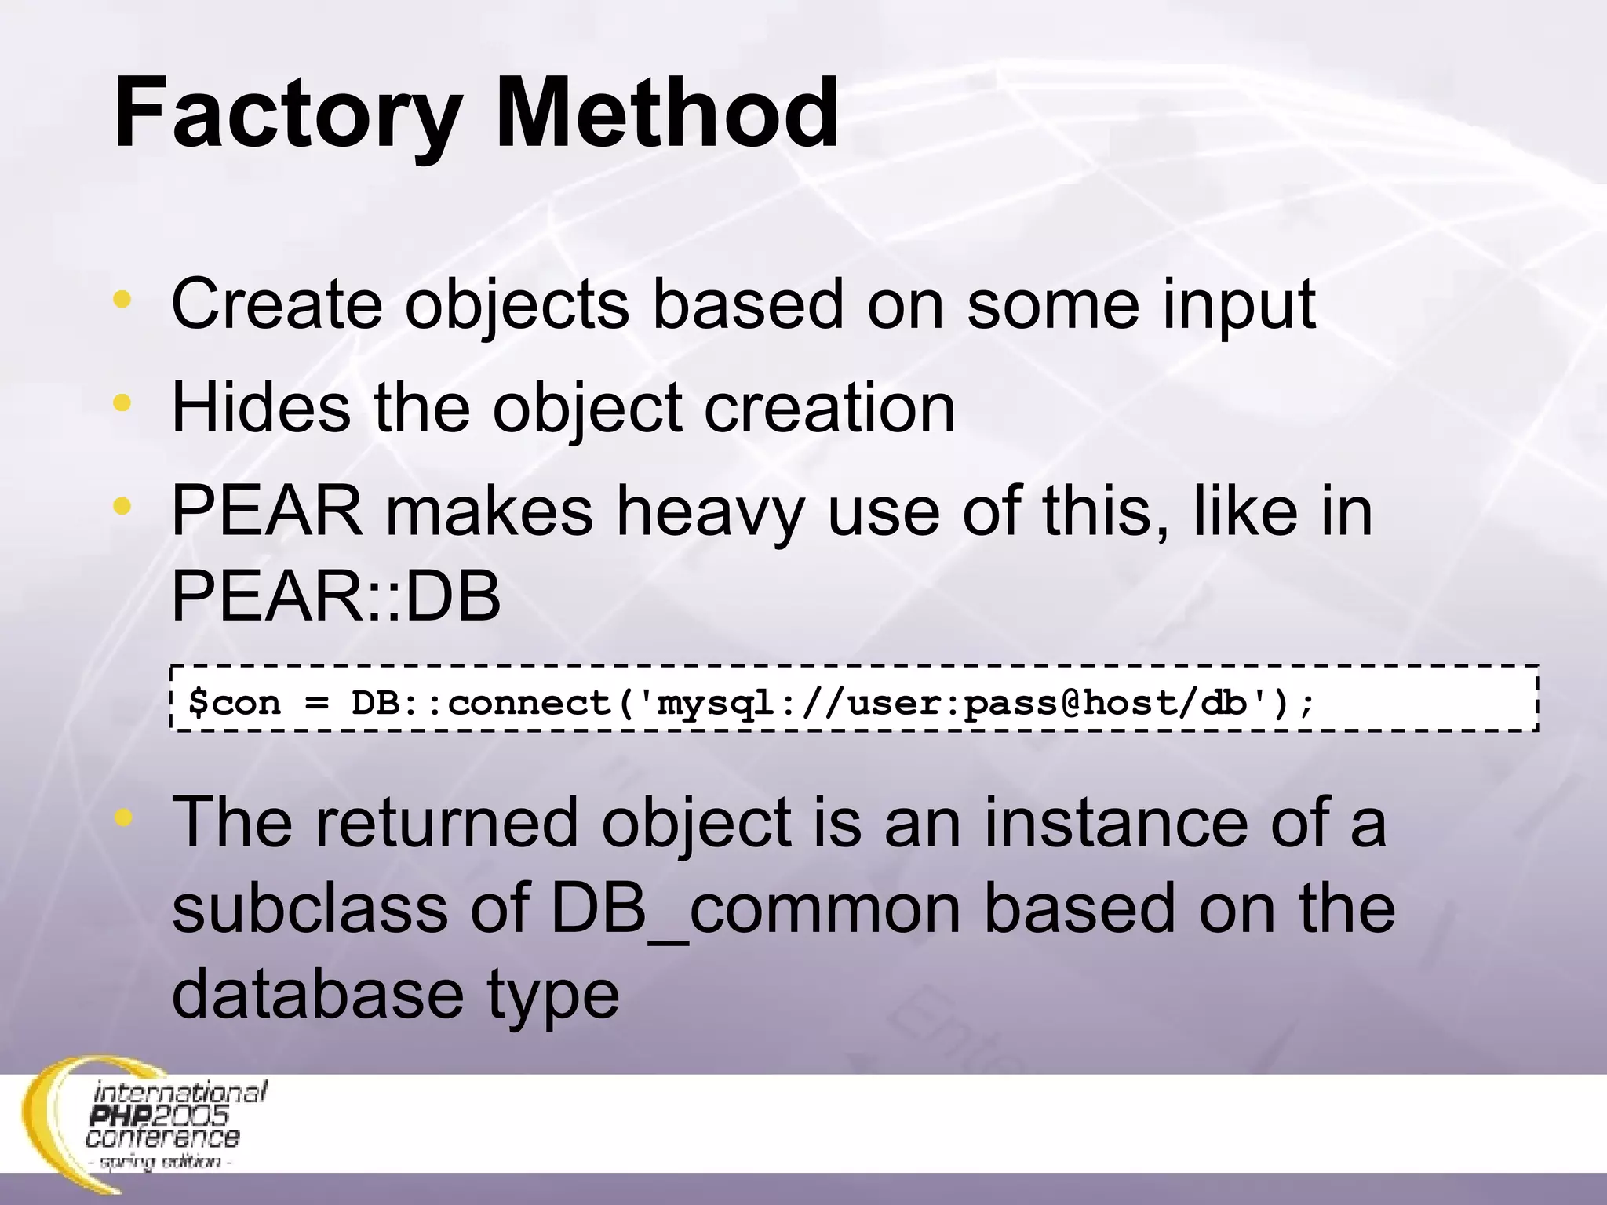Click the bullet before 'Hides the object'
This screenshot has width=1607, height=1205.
click(122, 403)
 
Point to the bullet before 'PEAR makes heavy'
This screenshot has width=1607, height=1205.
click(122, 506)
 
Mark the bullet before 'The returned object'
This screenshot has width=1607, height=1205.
click(122, 818)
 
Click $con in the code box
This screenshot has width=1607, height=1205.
click(234, 702)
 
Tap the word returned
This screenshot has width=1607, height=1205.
click(446, 823)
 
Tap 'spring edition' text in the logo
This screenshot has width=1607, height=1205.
click(164, 1161)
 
